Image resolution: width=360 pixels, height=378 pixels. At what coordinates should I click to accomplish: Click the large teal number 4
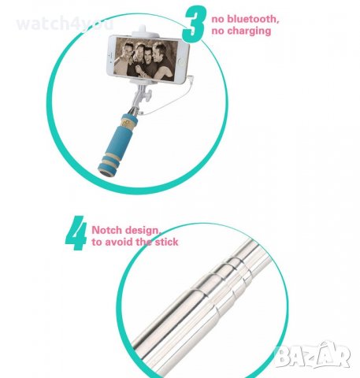point(76,235)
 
